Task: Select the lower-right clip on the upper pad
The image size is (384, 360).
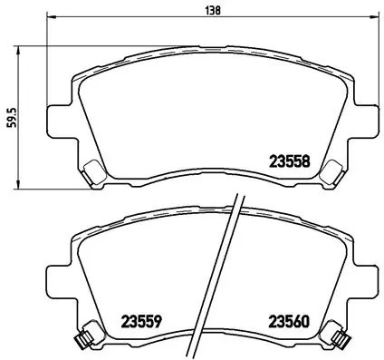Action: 331,170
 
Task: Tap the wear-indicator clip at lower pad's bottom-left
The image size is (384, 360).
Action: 82,340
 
